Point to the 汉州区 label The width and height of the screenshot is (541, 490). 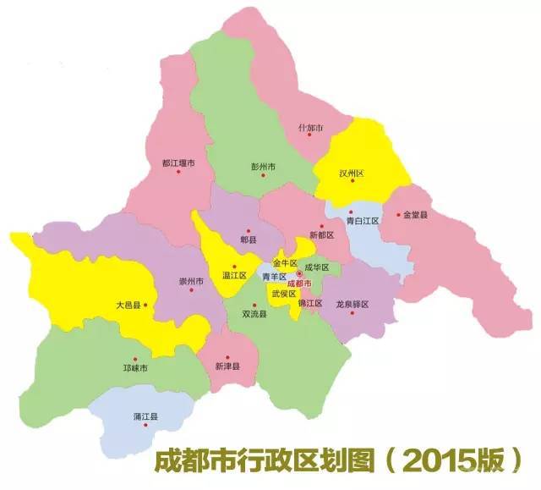tap(351, 173)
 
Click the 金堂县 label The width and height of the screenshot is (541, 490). tap(416, 216)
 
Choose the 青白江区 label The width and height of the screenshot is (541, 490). tap(363, 220)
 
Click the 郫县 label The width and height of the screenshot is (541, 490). tap(248, 239)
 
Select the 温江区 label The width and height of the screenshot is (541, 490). tap(234, 276)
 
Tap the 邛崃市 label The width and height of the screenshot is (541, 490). tap(134, 369)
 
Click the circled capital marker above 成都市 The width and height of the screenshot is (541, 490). tap(298, 274)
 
